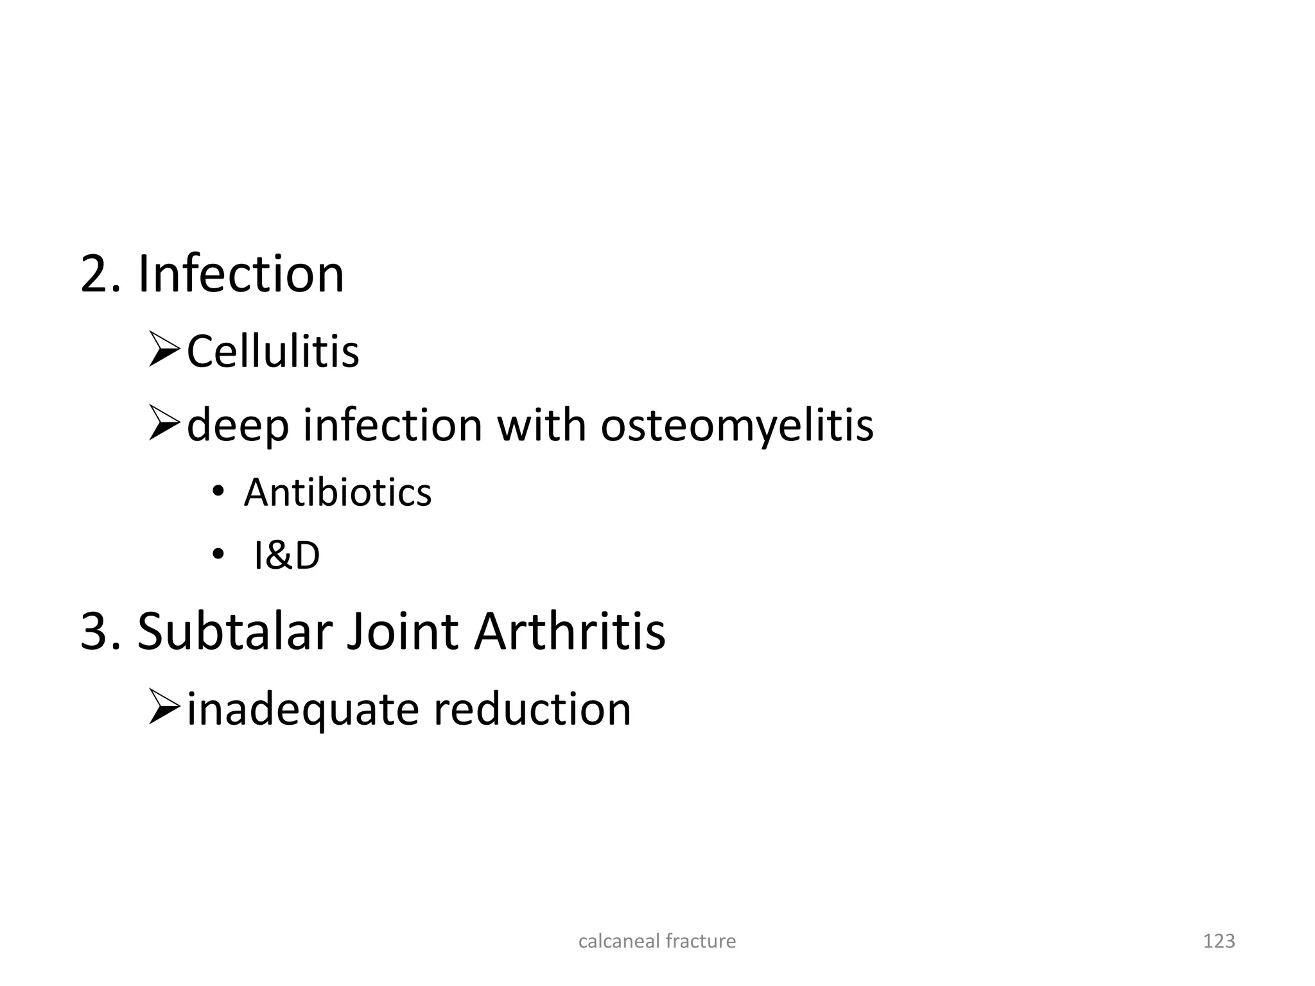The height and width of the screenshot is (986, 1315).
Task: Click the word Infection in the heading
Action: click(x=241, y=274)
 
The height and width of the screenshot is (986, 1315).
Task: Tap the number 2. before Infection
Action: click(x=100, y=274)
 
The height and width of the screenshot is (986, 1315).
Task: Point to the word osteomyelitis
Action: click(x=736, y=425)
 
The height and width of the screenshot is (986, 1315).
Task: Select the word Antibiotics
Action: click(x=338, y=493)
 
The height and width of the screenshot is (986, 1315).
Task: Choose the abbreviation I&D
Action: click(x=287, y=556)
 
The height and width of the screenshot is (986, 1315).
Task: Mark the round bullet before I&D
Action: click(x=218, y=555)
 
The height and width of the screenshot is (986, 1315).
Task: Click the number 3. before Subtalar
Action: click(x=100, y=632)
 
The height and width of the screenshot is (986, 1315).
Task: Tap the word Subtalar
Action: click(x=234, y=632)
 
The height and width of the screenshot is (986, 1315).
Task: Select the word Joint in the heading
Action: click(x=403, y=632)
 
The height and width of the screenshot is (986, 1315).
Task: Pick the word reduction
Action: click(x=532, y=709)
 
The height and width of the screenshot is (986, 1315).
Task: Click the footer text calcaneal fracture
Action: click(x=657, y=941)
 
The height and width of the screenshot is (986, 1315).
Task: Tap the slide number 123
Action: click(x=1219, y=941)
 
